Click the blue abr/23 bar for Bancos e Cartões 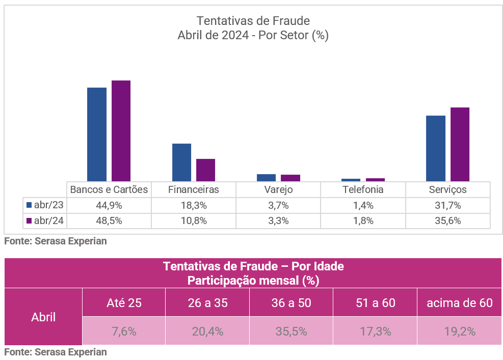97,134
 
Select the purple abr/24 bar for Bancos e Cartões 121,131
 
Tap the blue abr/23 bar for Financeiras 181,162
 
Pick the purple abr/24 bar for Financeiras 206,170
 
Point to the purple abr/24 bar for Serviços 460,144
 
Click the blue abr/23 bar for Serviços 436,148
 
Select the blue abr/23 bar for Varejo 266,178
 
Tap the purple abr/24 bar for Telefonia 375,179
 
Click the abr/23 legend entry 45,206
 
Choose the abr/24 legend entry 45,221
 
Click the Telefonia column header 363,190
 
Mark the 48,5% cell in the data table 109,221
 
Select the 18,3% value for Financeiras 194,206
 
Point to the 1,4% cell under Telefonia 363,206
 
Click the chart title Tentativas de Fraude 253,21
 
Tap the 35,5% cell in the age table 291,331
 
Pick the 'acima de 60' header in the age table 460,302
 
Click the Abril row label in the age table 43,317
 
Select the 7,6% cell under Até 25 124,331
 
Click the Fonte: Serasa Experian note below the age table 56,352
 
